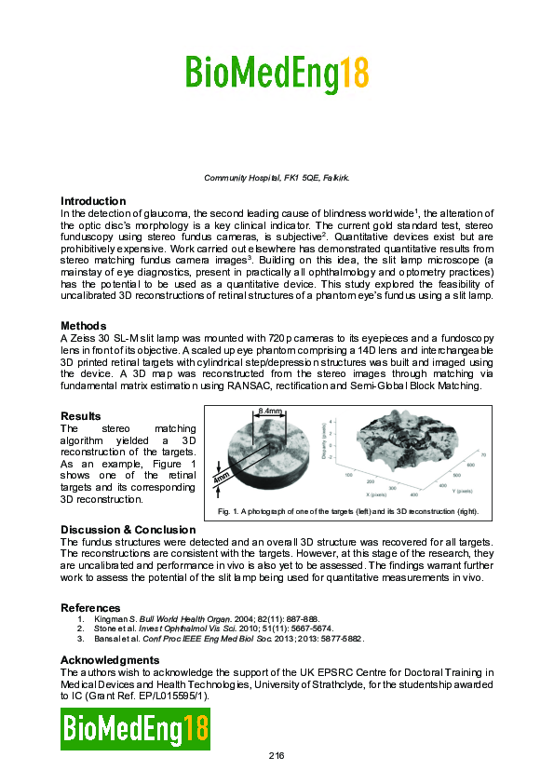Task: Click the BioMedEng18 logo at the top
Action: click(277, 73)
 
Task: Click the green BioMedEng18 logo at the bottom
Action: click(136, 728)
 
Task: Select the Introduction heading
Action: click(93, 201)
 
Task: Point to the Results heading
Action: click(81, 416)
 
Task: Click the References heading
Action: click(90, 608)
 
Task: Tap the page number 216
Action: click(277, 755)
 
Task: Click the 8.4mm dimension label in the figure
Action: click(270, 411)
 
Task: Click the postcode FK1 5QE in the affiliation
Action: click(297, 176)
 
